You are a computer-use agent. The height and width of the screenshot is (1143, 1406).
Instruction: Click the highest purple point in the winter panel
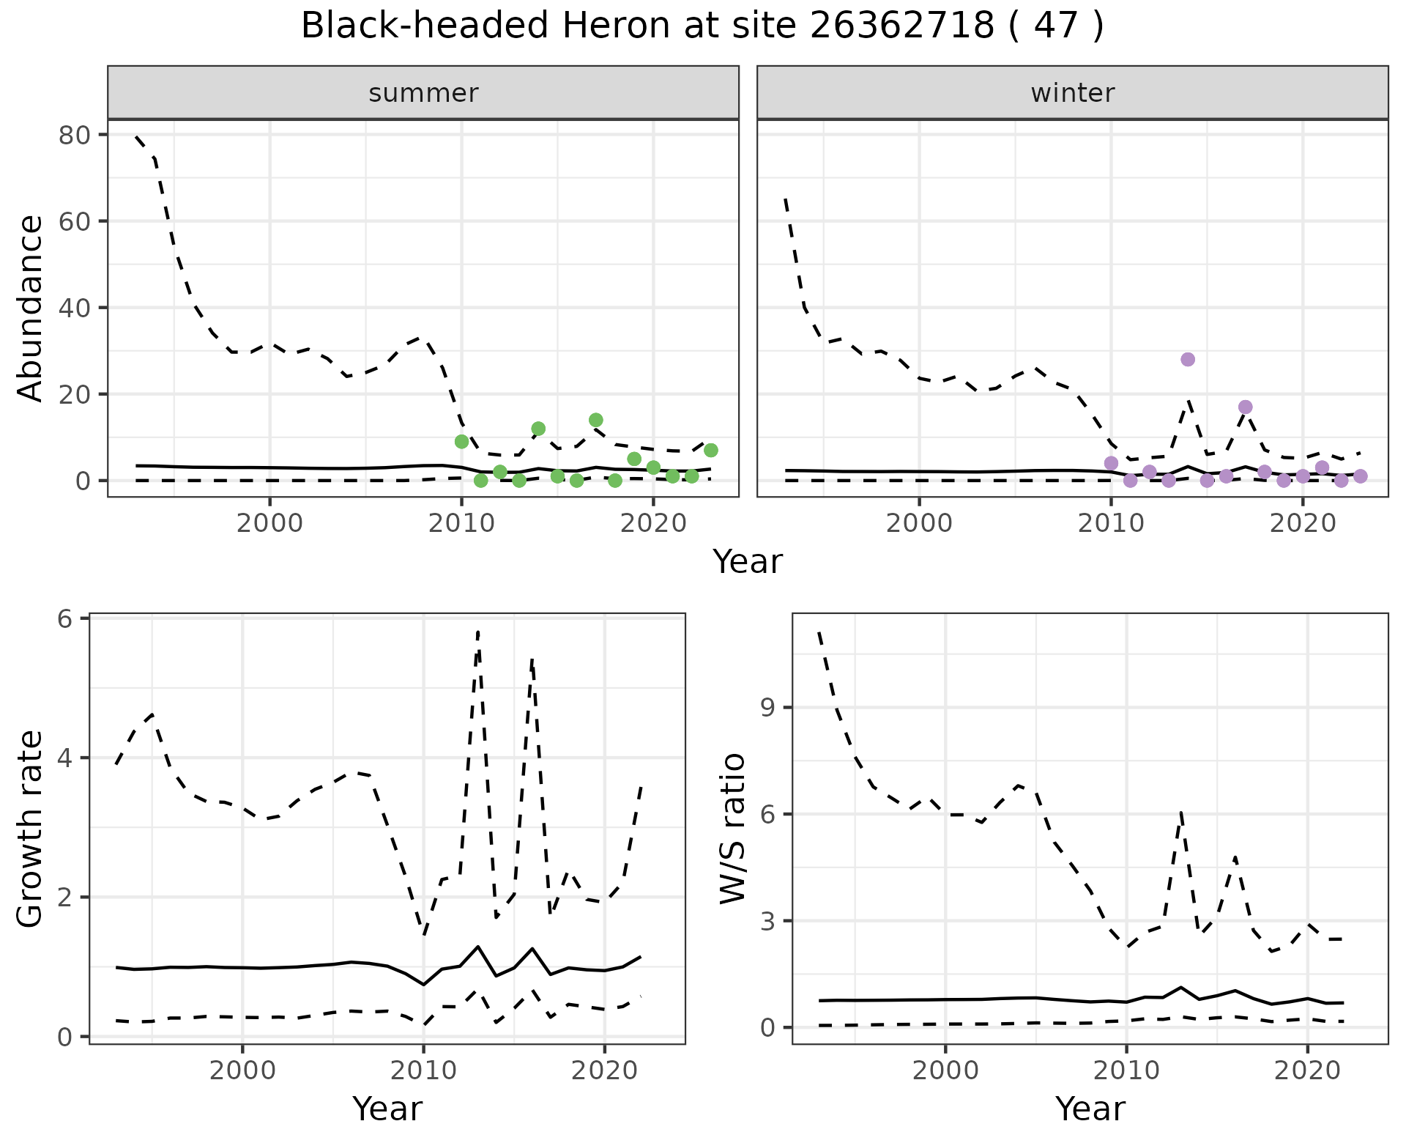[1188, 359]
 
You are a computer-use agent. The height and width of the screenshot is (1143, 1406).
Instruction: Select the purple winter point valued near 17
[1245, 407]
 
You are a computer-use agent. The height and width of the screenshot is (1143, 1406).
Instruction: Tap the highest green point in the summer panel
[596, 420]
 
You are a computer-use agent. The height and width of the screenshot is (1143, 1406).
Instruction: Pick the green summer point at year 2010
[461, 441]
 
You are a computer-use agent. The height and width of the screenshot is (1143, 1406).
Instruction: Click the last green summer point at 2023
[710, 450]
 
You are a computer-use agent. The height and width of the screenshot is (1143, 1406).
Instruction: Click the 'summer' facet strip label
[423, 93]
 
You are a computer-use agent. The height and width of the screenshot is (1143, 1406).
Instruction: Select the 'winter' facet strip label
[1072, 93]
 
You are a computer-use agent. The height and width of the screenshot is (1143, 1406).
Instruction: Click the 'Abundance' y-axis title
[31, 308]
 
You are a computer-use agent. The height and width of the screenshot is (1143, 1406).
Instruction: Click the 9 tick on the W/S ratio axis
[767, 708]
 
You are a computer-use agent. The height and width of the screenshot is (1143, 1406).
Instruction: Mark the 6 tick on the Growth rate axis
[64, 619]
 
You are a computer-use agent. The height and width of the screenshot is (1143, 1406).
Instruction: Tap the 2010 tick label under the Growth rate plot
[423, 1070]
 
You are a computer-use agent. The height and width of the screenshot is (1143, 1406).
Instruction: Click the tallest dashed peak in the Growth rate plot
[477, 632]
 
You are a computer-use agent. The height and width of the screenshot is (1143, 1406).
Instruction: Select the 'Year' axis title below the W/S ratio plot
[1090, 1109]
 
